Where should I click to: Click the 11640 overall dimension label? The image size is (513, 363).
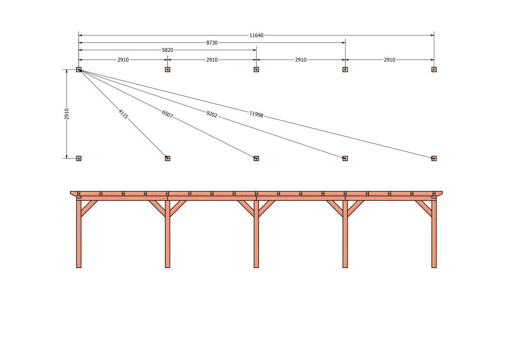(x=256, y=35)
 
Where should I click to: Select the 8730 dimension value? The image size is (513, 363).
(x=211, y=43)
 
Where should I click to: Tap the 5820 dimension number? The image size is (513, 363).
(x=167, y=50)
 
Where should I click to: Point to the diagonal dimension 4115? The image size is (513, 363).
(x=123, y=114)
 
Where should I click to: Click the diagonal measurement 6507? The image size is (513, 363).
(x=167, y=114)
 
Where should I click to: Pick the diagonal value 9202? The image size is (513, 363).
(x=211, y=114)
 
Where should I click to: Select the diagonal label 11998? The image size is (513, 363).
(x=256, y=114)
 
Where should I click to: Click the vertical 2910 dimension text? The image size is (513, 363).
(x=67, y=114)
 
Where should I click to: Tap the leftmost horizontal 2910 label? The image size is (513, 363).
(x=123, y=60)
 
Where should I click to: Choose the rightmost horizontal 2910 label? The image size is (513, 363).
(x=389, y=60)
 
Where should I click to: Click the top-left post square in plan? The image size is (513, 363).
(x=79, y=69)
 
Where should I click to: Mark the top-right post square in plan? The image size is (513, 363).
(x=434, y=69)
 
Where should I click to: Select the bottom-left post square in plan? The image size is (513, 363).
(x=79, y=158)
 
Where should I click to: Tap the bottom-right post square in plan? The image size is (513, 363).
(x=434, y=158)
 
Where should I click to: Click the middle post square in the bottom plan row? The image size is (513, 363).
(x=256, y=158)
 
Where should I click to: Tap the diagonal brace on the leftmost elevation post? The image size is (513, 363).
(x=88, y=208)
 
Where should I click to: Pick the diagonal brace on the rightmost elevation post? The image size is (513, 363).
(x=424, y=208)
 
